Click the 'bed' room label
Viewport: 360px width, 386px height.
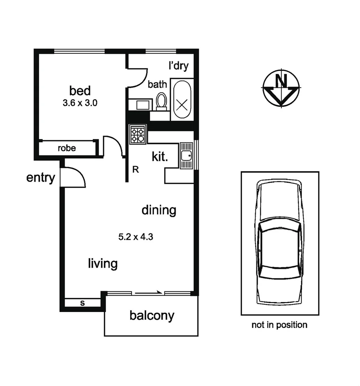coord(80,90)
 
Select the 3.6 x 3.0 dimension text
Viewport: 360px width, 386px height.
coord(80,103)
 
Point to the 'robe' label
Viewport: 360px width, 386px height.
coord(67,148)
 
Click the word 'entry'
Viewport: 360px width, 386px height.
coord(41,178)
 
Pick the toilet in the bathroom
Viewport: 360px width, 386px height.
coord(161,100)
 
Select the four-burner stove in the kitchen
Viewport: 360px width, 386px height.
coord(138,134)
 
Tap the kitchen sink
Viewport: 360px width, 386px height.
coord(186,155)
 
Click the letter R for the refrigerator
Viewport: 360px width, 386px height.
coord(135,170)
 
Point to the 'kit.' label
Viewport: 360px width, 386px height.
coord(160,157)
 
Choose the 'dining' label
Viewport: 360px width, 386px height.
coord(159,210)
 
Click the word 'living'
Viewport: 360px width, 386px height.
coord(103,264)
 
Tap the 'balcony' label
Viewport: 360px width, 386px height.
coord(152,316)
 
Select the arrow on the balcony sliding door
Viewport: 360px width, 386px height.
coord(148,293)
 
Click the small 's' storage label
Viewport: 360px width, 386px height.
coord(82,303)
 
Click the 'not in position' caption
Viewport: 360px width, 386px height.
coord(279,325)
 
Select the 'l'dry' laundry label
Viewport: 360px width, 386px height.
coord(178,66)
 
